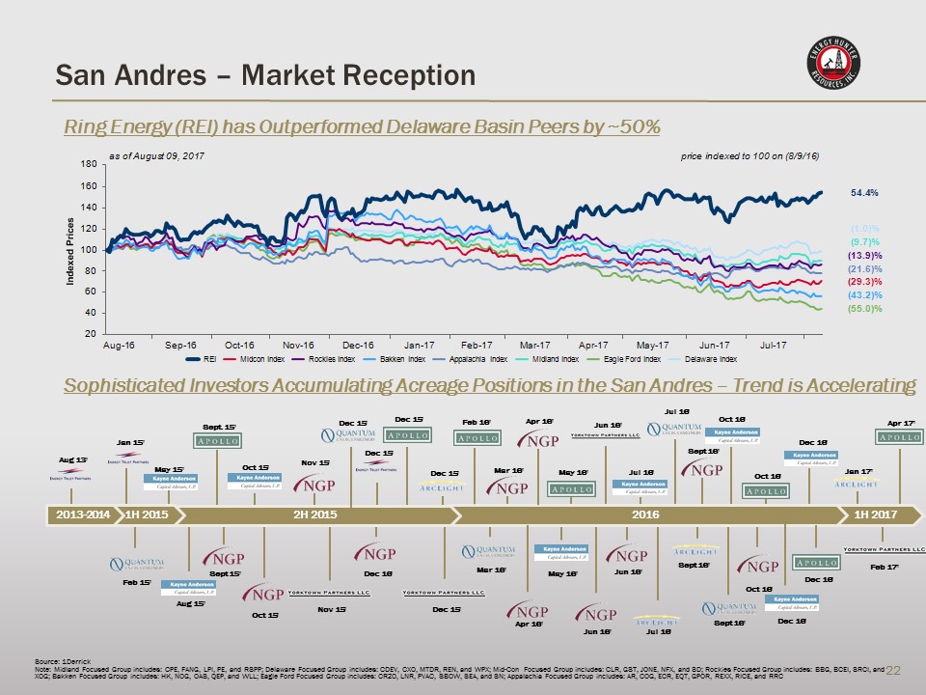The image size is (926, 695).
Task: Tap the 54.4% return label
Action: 864,193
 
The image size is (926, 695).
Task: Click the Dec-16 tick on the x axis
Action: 358,345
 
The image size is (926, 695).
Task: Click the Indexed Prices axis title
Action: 70,250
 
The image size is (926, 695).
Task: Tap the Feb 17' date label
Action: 885,568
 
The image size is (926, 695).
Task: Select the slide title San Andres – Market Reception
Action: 265,74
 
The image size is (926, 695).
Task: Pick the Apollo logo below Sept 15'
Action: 215,441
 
